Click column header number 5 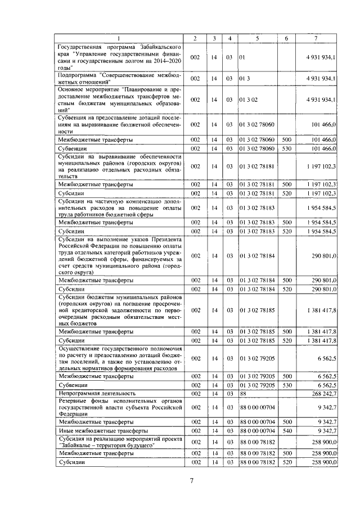point(258,38)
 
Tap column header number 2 point(195,38)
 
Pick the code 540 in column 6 point(286,431)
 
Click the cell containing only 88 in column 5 point(242,393)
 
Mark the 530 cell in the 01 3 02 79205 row point(286,385)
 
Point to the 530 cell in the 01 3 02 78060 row point(286,148)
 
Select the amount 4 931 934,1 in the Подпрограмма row point(321,79)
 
